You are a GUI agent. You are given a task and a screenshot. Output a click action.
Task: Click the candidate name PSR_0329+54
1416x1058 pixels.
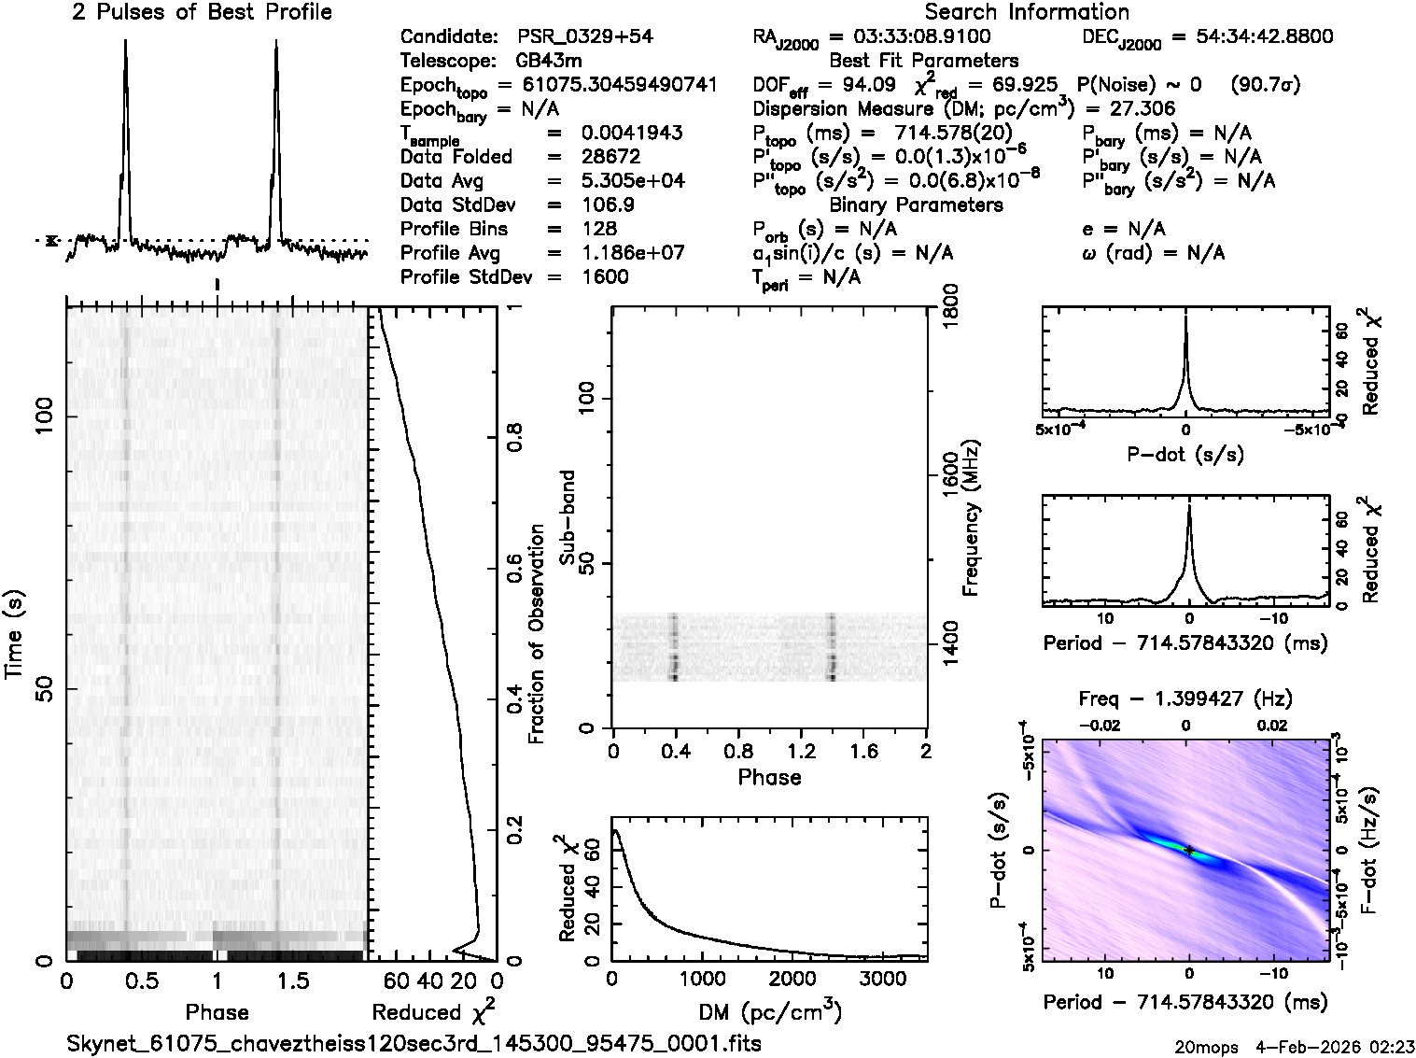[584, 37]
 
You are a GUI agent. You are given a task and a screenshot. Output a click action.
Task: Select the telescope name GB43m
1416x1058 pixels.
[553, 62]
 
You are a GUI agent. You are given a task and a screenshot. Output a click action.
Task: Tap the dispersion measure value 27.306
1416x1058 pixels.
[1144, 109]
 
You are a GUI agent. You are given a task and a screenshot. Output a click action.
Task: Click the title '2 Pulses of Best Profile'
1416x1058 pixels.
[202, 12]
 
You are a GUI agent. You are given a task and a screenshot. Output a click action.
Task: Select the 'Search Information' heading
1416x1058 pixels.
[1026, 12]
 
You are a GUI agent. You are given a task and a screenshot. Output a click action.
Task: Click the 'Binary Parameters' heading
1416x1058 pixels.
[916, 205]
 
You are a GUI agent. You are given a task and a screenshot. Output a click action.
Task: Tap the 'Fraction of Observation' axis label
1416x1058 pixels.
[537, 634]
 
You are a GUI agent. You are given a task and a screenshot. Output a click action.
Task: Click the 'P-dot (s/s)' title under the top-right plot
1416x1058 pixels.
[1185, 455]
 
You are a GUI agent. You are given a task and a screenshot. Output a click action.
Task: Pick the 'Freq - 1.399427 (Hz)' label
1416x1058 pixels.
[1185, 698]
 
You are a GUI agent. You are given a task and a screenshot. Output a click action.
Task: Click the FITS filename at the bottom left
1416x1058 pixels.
[414, 1043]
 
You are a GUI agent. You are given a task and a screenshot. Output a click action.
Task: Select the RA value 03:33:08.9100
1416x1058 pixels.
[909, 37]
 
